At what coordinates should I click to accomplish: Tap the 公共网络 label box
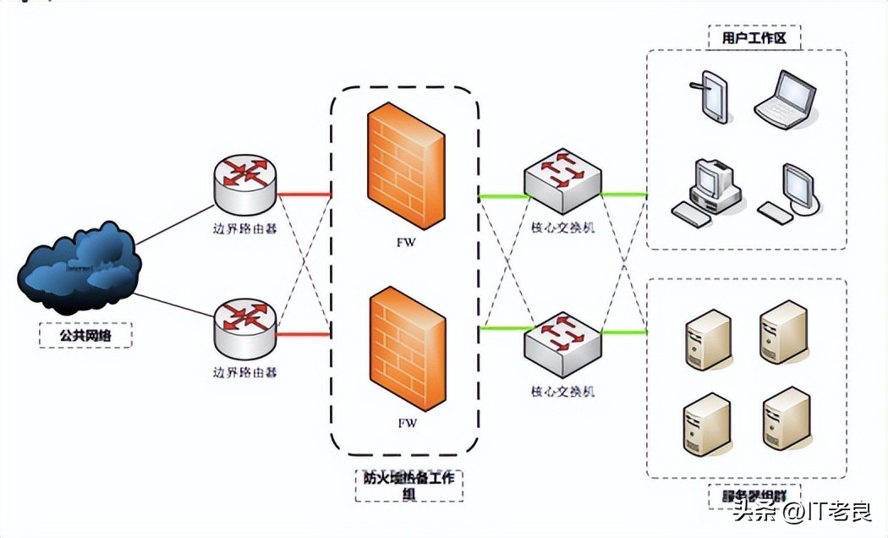[x=85, y=335]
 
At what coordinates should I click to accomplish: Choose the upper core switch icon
[x=562, y=180]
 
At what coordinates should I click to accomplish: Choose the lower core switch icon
[x=562, y=343]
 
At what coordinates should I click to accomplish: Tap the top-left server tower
[x=706, y=339]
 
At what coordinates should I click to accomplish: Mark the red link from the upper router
[x=303, y=195]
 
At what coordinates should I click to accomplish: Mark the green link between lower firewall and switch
[x=504, y=327]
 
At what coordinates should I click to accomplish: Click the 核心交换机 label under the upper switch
[x=562, y=228]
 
